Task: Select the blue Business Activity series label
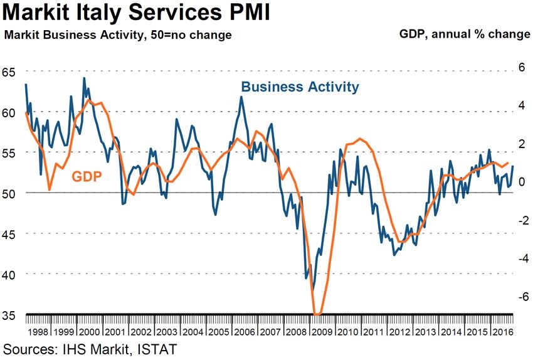point(300,87)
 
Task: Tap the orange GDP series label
point(87,176)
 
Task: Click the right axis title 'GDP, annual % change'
point(465,34)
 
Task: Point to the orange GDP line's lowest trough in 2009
point(317,314)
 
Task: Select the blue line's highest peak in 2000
point(84,78)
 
